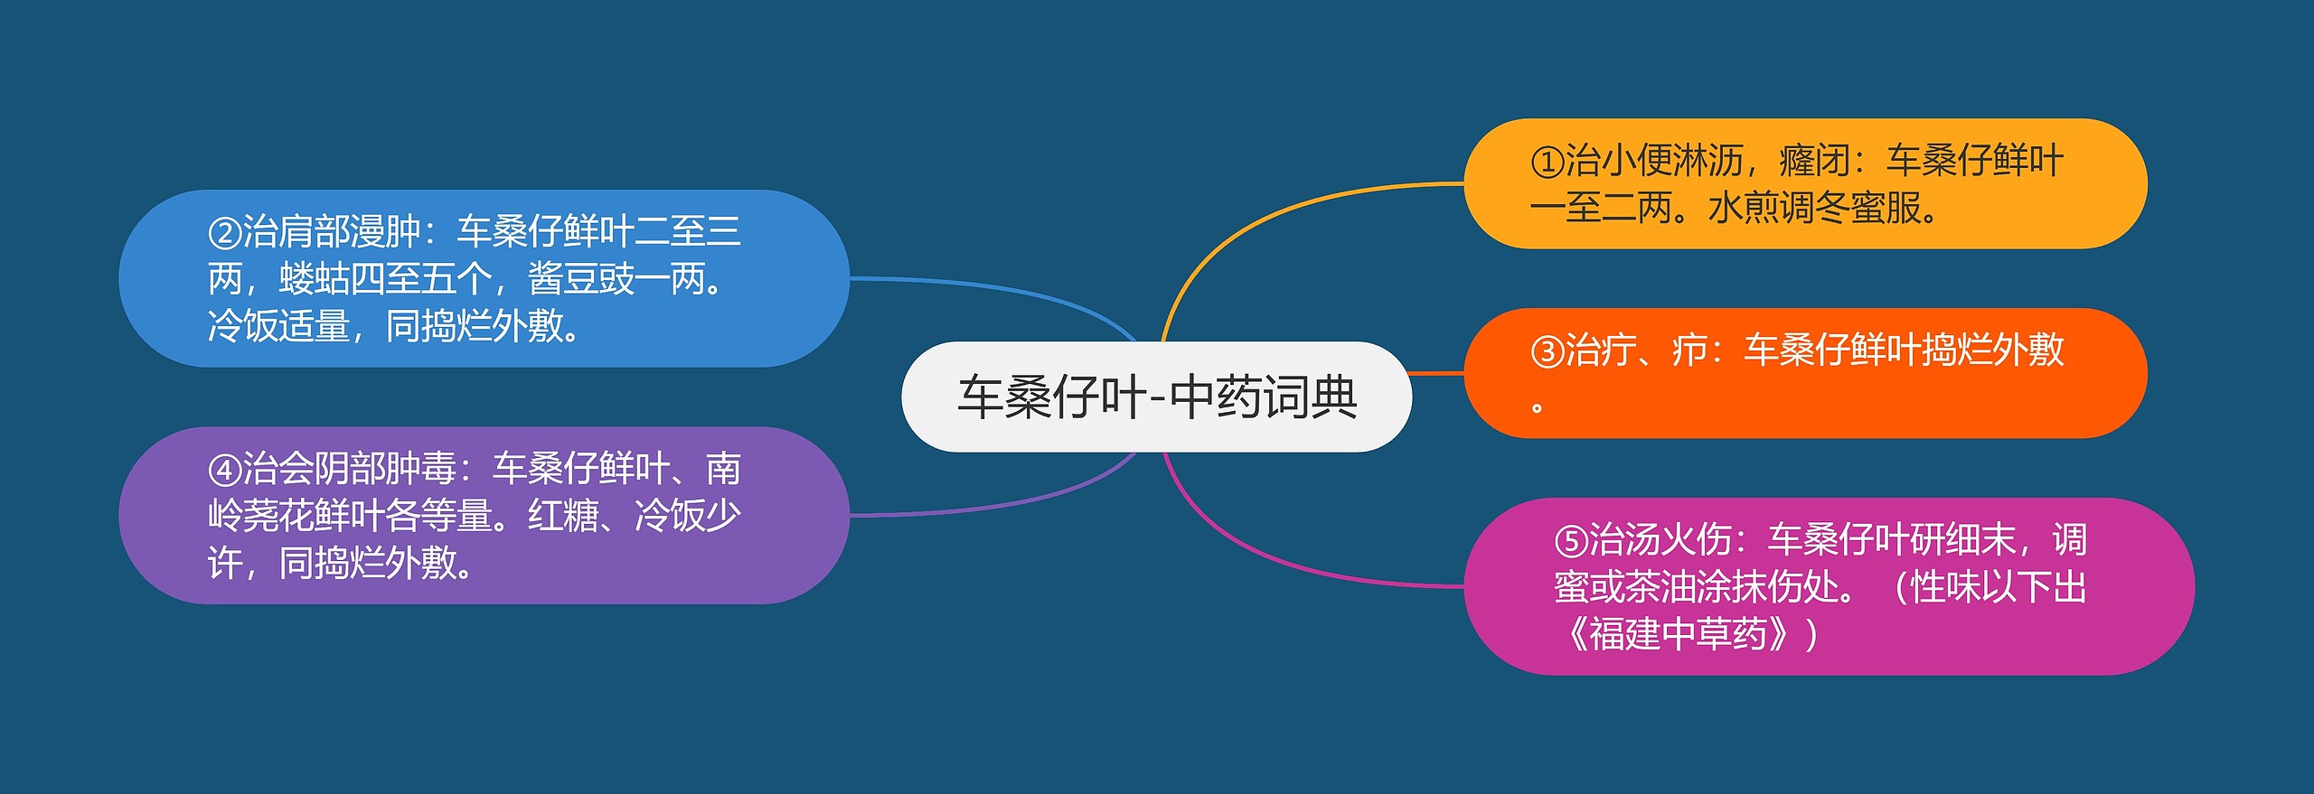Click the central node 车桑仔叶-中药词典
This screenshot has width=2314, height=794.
coord(1156,397)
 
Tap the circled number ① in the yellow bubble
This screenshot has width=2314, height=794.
coord(1547,163)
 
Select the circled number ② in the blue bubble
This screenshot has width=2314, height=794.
coord(224,233)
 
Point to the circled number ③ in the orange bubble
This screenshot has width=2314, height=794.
coord(1547,351)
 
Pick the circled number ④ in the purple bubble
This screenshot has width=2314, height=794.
coord(224,470)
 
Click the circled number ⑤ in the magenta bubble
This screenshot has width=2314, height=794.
coord(1571,541)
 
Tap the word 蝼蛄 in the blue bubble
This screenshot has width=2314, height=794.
coord(314,279)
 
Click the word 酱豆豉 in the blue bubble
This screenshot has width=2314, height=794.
coord(580,279)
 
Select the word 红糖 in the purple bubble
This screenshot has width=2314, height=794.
coord(562,516)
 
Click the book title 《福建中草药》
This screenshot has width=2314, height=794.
coord(1677,634)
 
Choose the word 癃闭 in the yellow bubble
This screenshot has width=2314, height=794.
coord(1813,162)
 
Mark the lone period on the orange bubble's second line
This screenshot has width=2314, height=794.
coord(1537,407)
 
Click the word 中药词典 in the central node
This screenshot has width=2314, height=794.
coord(1264,397)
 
